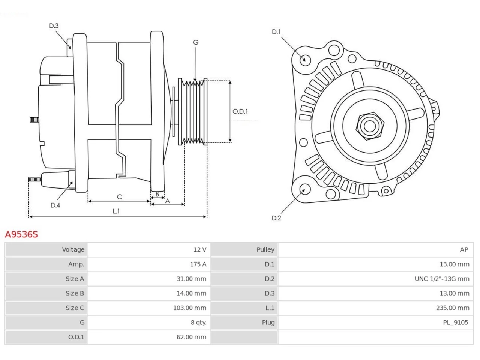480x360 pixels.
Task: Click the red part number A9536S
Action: tap(21, 234)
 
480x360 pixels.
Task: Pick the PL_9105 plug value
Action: tap(455, 322)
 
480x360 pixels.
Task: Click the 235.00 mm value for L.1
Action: tap(453, 308)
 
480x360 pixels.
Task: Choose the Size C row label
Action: tap(75, 308)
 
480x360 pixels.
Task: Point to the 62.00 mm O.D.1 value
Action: tap(191, 337)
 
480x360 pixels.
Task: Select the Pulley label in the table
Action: tap(265, 249)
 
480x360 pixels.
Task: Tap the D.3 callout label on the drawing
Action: tap(54, 26)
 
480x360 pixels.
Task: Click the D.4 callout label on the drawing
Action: tap(55, 205)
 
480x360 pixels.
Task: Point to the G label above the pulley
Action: tap(196, 42)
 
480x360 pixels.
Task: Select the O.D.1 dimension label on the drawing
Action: tap(240, 111)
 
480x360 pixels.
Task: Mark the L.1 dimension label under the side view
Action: tap(116, 211)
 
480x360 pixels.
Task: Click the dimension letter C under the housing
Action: tap(119, 197)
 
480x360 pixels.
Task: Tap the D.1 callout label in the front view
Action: tap(276, 32)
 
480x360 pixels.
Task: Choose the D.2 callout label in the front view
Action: tap(276, 218)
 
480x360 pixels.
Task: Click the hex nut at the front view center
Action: tap(370, 126)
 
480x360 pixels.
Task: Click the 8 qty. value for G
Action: tap(198, 322)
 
